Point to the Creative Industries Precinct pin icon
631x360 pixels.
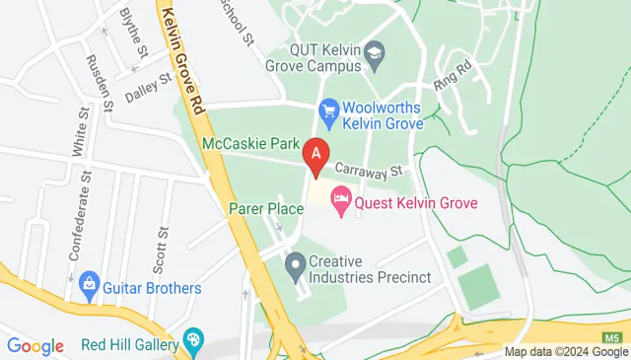click(x=295, y=266)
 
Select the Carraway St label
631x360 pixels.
click(x=369, y=168)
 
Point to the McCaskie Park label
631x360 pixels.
click(x=249, y=144)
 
